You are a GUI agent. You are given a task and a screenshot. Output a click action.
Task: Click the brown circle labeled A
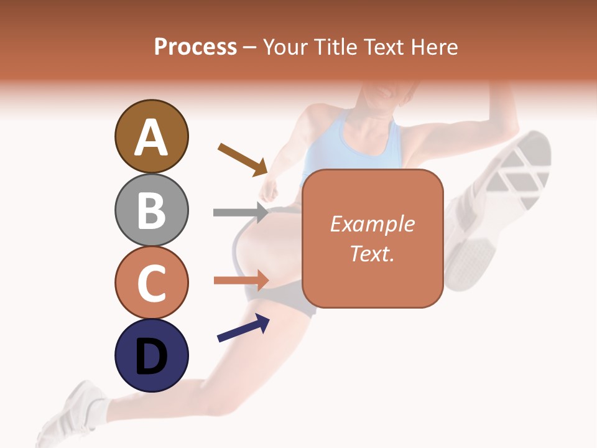click(x=151, y=136)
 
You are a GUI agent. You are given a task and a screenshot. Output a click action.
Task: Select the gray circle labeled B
click(x=151, y=210)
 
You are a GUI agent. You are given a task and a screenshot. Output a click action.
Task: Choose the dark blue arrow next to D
click(x=243, y=328)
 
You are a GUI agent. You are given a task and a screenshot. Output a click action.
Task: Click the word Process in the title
click(x=195, y=47)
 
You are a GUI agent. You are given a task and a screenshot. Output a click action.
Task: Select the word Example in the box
click(x=372, y=224)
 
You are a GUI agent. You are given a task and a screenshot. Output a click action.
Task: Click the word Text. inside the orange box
click(x=372, y=253)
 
